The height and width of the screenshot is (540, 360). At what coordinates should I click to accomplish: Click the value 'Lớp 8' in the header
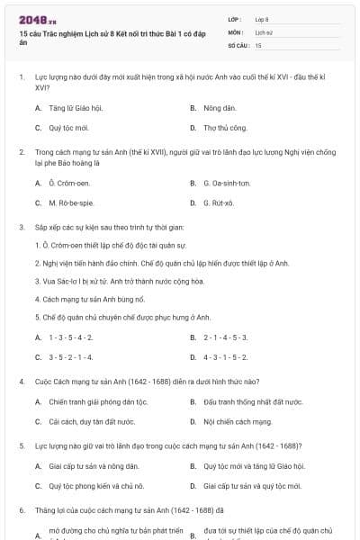click(x=262, y=19)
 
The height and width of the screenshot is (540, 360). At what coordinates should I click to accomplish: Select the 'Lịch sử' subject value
click(x=263, y=31)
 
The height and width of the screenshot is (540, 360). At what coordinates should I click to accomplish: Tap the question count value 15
click(x=258, y=44)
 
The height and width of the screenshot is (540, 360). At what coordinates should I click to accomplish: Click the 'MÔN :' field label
click(x=236, y=31)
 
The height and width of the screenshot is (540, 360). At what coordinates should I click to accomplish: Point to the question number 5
click(x=20, y=445)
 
